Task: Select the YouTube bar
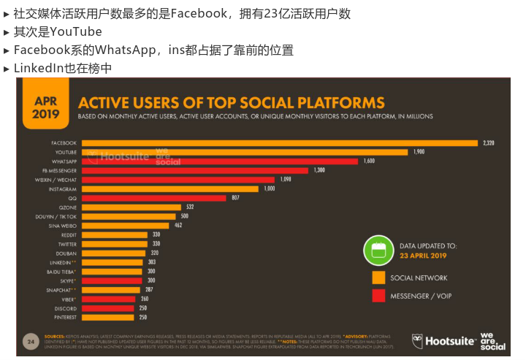pyautogui.click(x=244, y=152)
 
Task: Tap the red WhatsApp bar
pyautogui.click(x=219, y=161)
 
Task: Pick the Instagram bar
pyautogui.click(x=169, y=188)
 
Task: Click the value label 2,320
pyautogui.click(x=488, y=142)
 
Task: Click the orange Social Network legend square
pyautogui.click(x=378, y=277)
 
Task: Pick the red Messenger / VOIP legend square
pyautogui.click(x=378, y=296)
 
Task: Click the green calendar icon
pyautogui.click(x=378, y=250)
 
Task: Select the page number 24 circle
pyautogui.click(x=31, y=341)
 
